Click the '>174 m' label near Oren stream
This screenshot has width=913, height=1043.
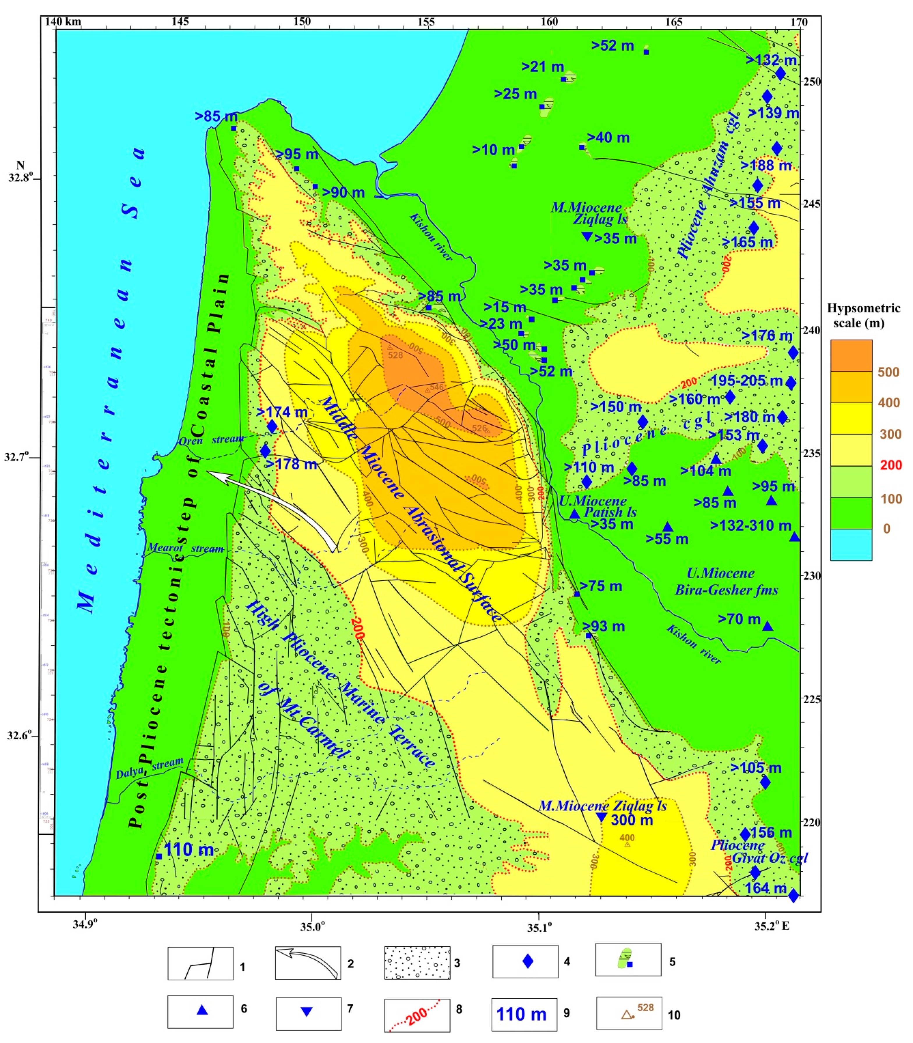click(x=282, y=412)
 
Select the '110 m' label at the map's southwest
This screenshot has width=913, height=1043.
click(x=189, y=849)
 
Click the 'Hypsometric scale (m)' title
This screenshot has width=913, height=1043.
click(x=863, y=315)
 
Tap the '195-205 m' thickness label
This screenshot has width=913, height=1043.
click(x=746, y=381)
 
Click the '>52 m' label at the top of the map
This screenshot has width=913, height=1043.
click(x=613, y=46)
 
